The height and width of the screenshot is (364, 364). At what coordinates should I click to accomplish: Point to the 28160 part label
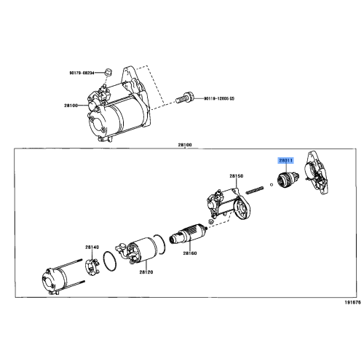[x=190, y=253]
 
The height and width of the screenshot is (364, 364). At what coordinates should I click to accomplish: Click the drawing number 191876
[x=352, y=301]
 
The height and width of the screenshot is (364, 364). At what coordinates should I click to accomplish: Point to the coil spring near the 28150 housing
[x=255, y=191]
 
